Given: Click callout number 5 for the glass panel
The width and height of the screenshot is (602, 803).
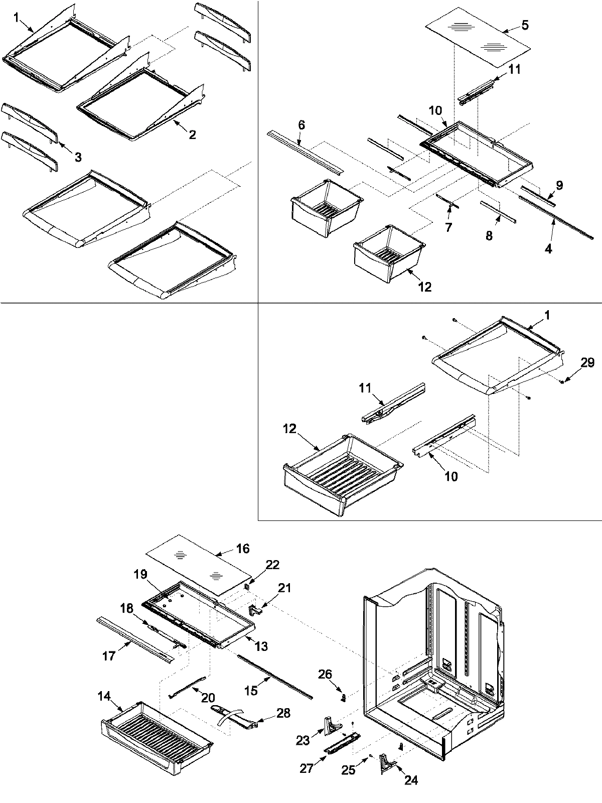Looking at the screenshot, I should [x=525, y=25].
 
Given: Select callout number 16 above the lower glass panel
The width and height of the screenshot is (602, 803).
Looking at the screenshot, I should [x=242, y=549].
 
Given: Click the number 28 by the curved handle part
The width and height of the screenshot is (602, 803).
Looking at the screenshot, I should [x=283, y=714].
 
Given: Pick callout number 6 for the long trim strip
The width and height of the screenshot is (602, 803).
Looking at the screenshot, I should [x=301, y=125].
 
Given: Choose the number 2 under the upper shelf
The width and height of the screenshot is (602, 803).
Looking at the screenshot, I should [x=192, y=135].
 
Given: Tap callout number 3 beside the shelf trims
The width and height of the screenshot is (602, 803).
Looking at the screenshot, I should [x=78, y=158].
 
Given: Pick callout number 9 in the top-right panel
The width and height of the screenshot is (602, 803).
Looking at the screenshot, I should [x=559, y=185].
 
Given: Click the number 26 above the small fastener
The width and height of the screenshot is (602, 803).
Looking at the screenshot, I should [x=325, y=674].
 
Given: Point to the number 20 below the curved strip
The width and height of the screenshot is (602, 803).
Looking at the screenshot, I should [x=208, y=698].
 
